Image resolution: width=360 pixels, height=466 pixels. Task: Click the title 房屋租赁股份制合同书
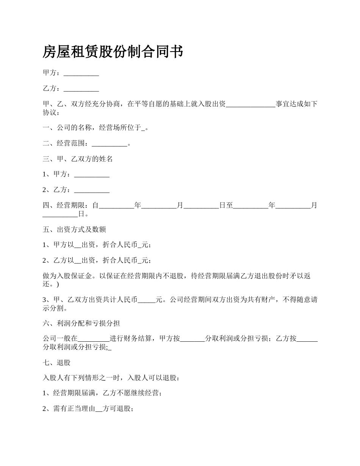(x=113, y=52)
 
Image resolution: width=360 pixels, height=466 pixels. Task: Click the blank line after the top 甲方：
(x=81, y=73)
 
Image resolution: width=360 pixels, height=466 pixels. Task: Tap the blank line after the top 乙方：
(x=81, y=89)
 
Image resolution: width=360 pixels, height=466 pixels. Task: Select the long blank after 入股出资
(x=250, y=105)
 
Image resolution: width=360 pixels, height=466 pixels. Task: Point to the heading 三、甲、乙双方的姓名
(x=78, y=160)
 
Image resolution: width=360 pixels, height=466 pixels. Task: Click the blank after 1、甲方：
(x=92, y=175)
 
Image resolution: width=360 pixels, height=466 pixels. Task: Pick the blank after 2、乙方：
(x=92, y=190)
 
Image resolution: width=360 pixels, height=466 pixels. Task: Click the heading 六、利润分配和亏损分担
(x=81, y=323)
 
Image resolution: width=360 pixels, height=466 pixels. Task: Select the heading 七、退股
(x=57, y=363)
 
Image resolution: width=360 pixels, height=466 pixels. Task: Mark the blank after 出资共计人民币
(x=146, y=300)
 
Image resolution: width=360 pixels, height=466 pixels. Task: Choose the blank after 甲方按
(x=192, y=339)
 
